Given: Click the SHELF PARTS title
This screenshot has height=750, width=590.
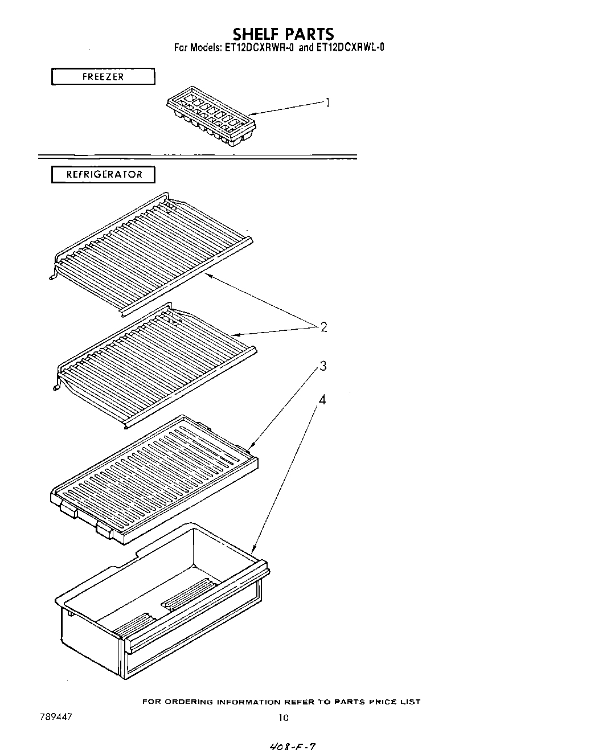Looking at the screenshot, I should (x=283, y=34).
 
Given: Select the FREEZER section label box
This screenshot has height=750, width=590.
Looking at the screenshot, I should (x=103, y=76).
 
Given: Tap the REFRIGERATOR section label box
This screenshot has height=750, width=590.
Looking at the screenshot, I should (x=104, y=174).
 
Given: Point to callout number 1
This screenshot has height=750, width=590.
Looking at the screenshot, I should (x=327, y=103).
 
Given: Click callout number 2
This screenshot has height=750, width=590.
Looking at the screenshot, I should (x=323, y=327).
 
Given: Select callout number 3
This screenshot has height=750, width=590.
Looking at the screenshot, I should (x=323, y=366).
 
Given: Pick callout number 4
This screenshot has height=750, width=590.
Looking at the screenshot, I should (x=322, y=400).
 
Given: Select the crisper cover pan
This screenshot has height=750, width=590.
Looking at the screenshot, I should (x=154, y=478).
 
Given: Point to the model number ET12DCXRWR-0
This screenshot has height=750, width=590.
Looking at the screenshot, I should (x=259, y=47).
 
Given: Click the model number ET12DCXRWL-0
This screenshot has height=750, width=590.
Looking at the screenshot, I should (x=350, y=47).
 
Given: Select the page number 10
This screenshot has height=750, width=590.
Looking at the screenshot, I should (x=283, y=718).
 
